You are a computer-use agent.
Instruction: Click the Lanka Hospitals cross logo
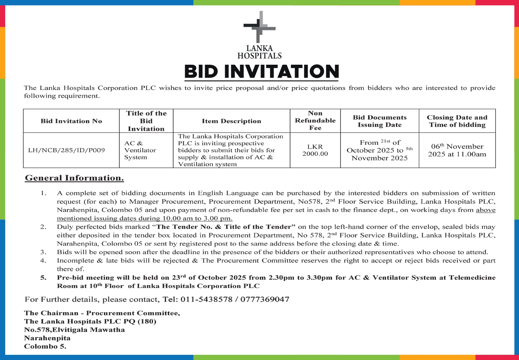[259, 28]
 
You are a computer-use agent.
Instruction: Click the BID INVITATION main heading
[262, 72]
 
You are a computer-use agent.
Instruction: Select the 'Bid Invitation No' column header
[71, 121]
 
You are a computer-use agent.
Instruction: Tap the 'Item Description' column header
[231, 121]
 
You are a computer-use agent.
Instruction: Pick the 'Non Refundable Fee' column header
[315, 120]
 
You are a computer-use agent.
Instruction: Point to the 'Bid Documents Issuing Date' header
[380, 121]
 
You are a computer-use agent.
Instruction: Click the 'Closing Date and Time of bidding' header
[457, 121]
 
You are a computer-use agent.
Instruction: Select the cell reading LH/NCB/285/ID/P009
[66, 150]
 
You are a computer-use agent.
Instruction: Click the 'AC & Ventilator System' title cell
[140, 150]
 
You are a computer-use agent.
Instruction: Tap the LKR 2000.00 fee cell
[315, 150]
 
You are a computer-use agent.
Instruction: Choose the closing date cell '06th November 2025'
[457, 150]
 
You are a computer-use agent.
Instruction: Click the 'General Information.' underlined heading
[74, 178]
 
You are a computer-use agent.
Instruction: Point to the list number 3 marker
[43, 252]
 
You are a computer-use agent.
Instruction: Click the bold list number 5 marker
[43, 278]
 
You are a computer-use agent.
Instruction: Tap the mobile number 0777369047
[265, 299]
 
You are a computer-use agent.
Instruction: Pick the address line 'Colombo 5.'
[45, 347]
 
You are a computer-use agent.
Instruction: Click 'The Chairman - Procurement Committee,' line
[102, 313]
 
